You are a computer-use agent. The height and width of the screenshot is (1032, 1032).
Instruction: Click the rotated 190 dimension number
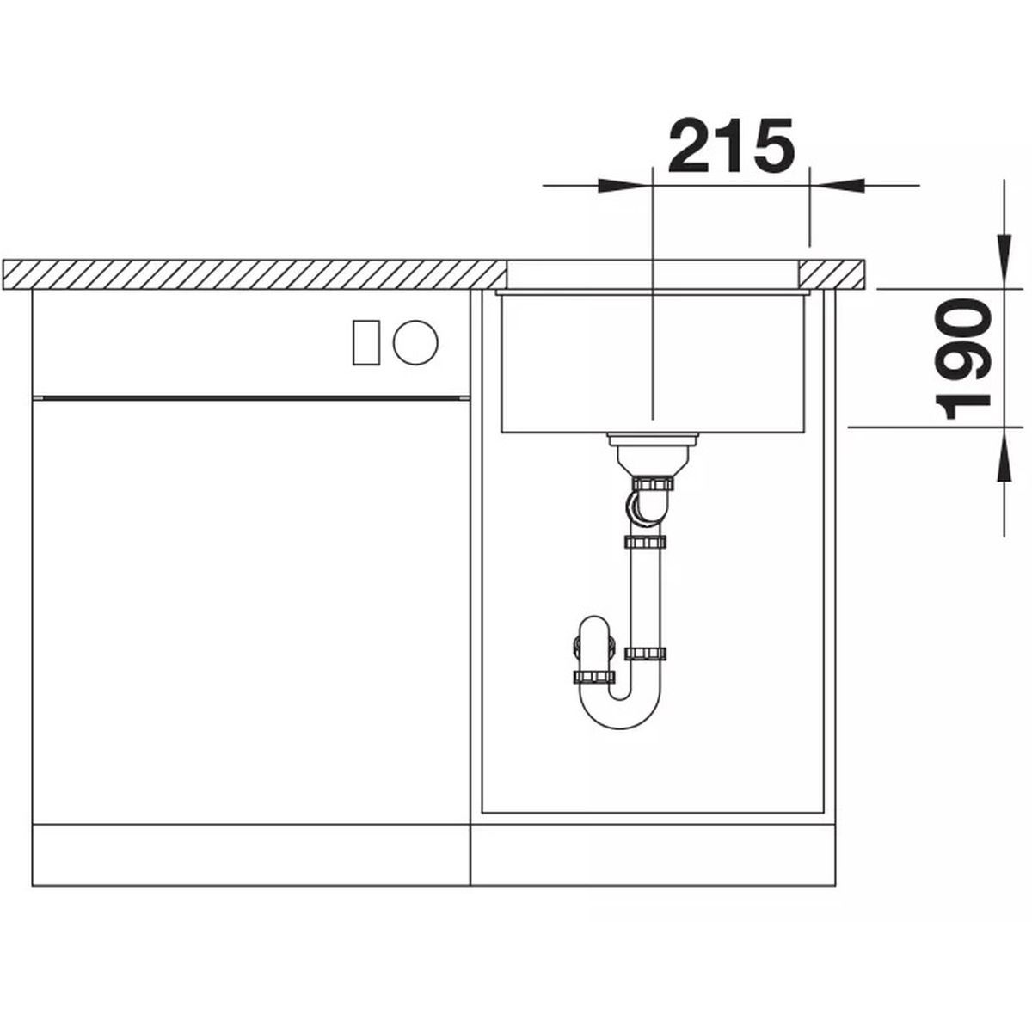click(962, 359)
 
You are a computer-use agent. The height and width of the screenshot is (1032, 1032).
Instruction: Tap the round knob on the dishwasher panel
click(415, 342)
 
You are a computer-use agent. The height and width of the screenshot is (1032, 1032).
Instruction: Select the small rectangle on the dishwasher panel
click(366, 343)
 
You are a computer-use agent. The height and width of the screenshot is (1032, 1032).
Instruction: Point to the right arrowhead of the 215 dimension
click(837, 186)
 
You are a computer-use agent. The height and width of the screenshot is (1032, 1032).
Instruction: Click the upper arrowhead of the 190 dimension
click(1004, 261)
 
